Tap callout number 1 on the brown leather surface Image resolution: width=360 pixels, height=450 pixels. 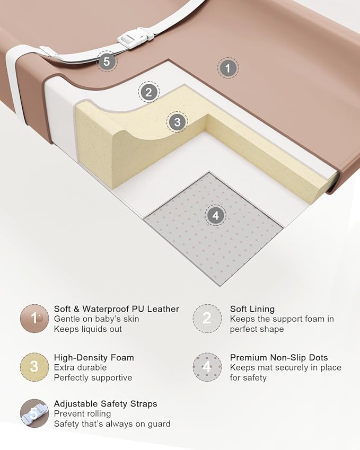point(227,68)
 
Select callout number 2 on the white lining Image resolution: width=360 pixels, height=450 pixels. point(148,92)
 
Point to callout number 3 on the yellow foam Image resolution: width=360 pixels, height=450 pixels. point(177,122)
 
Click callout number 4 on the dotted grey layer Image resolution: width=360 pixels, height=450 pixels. point(216,215)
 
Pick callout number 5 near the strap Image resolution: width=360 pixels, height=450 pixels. point(107,61)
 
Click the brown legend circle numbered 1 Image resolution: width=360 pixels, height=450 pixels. point(34,319)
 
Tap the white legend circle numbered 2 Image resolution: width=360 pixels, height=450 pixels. point(207,319)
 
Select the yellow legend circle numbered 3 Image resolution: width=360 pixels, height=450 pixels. point(34,367)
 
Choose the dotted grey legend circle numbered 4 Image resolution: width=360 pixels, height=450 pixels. point(207,367)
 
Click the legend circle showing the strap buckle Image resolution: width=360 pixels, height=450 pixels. point(34,413)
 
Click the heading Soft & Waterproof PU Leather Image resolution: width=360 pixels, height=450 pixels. point(116,309)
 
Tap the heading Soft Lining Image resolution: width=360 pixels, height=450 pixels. point(252,309)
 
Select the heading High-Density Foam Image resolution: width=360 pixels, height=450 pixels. point(94,358)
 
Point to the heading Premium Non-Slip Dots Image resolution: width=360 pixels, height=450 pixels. point(279,358)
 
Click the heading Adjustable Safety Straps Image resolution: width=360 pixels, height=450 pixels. point(106,404)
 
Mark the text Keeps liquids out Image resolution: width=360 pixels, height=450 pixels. point(88,329)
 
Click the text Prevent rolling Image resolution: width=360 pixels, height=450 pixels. point(82,414)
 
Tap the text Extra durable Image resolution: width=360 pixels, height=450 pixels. point(80,368)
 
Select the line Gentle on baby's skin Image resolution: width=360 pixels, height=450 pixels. point(96,319)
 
